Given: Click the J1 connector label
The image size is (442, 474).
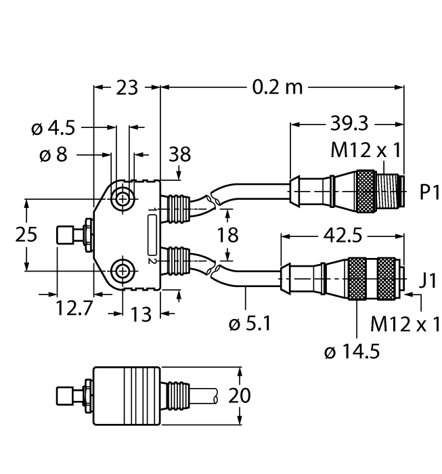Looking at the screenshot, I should tap(428, 280).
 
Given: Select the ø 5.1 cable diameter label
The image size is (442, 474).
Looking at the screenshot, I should tap(250, 324).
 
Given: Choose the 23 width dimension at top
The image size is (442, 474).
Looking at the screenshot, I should tap(126, 87).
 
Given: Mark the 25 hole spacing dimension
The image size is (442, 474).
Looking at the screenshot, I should tap(26, 235).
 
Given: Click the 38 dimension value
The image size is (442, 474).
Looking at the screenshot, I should tap(179, 155).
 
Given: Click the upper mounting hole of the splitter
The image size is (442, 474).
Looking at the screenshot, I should tap(123, 199).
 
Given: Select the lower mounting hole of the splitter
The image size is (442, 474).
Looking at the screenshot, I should tap(123, 271).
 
